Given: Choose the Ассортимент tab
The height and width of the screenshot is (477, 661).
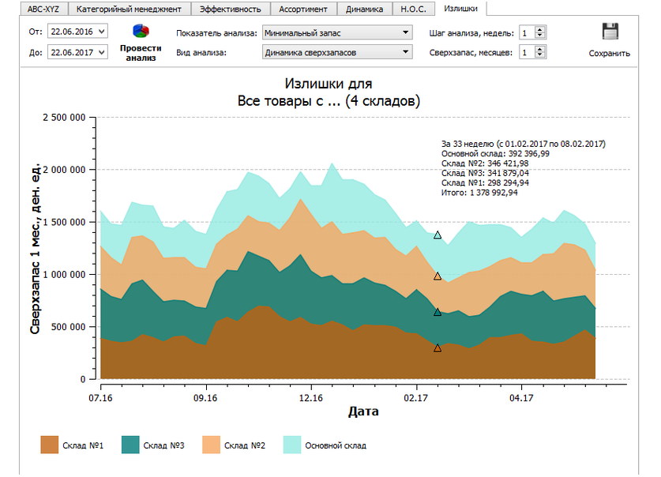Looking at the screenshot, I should pyautogui.click(x=303, y=9).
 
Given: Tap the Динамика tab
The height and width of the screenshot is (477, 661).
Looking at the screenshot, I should pyautogui.click(x=364, y=9).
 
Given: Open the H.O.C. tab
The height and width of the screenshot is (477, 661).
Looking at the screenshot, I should pyautogui.click(x=413, y=9).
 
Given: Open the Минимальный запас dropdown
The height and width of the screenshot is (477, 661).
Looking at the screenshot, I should pyautogui.click(x=337, y=33).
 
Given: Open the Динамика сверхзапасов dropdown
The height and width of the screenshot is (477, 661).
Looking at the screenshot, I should pyautogui.click(x=337, y=53).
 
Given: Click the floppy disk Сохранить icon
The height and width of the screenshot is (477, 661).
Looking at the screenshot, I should pyautogui.click(x=610, y=32).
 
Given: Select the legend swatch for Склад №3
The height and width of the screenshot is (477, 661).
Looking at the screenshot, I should pyautogui.click(x=130, y=445).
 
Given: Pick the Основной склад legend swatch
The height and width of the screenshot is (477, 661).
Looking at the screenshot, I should pyautogui.click(x=291, y=445).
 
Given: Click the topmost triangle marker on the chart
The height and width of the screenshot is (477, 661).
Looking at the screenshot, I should pyautogui.click(x=438, y=235).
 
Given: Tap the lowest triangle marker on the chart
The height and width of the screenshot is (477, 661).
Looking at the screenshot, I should pyautogui.click(x=438, y=347).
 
